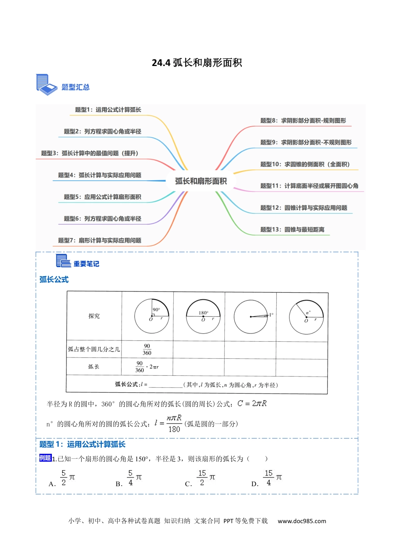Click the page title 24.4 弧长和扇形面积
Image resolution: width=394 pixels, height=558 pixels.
197,63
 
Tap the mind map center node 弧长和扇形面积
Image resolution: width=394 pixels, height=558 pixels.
201,181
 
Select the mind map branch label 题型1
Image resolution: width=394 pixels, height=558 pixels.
108,110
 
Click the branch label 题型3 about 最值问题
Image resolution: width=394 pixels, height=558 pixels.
90,153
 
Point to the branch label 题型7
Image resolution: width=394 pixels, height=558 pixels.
100,240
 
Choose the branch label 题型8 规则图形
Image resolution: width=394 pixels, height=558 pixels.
303,120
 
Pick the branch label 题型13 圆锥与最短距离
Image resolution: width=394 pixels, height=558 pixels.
292,230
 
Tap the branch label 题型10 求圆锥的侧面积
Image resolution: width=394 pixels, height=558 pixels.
305,164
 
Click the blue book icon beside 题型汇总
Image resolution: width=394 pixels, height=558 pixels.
46,85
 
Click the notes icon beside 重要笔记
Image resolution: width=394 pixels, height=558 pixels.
63,261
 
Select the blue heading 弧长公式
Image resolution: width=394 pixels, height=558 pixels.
54,279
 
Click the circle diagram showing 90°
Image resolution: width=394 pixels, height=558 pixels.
152,316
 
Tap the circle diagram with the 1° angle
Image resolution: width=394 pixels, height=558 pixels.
251,316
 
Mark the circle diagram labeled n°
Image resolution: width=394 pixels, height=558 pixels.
306,317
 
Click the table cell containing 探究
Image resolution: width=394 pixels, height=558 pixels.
94,316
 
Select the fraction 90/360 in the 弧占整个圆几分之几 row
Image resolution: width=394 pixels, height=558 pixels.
147,350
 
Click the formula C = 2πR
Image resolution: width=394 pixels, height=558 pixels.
252,404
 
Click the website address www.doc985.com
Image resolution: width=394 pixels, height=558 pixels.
302,521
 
